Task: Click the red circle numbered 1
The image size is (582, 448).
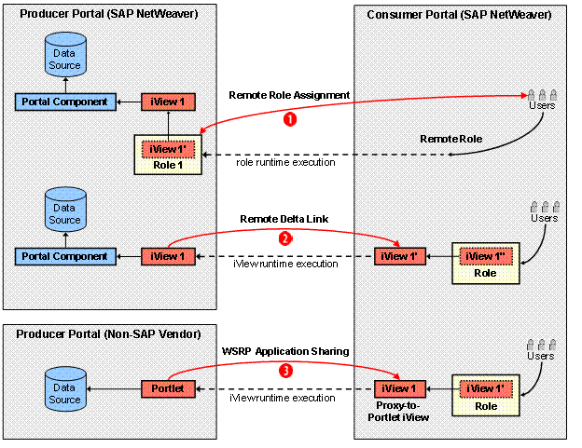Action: click(x=290, y=119)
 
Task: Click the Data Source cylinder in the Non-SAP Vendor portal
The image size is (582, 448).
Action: click(x=64, y=387)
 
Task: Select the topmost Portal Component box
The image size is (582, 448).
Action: click(x=62, y=100)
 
